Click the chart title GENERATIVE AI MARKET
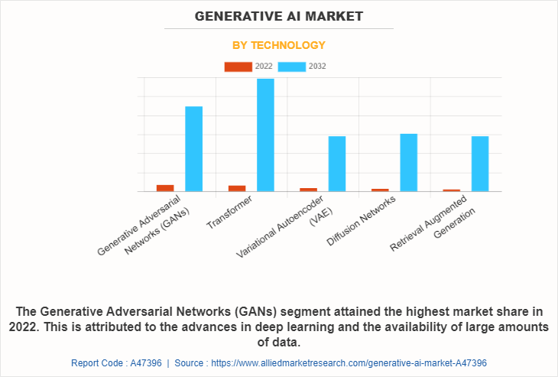coord(279,16)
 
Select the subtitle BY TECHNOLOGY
coord(279,45)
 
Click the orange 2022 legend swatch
coord(238,67)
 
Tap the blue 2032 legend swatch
coord(292,67)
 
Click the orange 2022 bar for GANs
coord(165,187)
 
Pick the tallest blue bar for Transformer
coord(265,135)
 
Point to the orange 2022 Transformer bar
coord(237,188)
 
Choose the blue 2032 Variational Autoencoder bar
coord(337,164)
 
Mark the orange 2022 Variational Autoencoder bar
coord(308,189)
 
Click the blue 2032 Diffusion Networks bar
coord(408,162)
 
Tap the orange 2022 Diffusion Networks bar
coord(380,190)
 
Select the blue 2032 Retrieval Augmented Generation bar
coord(480,164)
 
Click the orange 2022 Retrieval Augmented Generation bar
coord(451,190)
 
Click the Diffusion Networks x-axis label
coord(361,220)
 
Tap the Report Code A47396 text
coord(116,363)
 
